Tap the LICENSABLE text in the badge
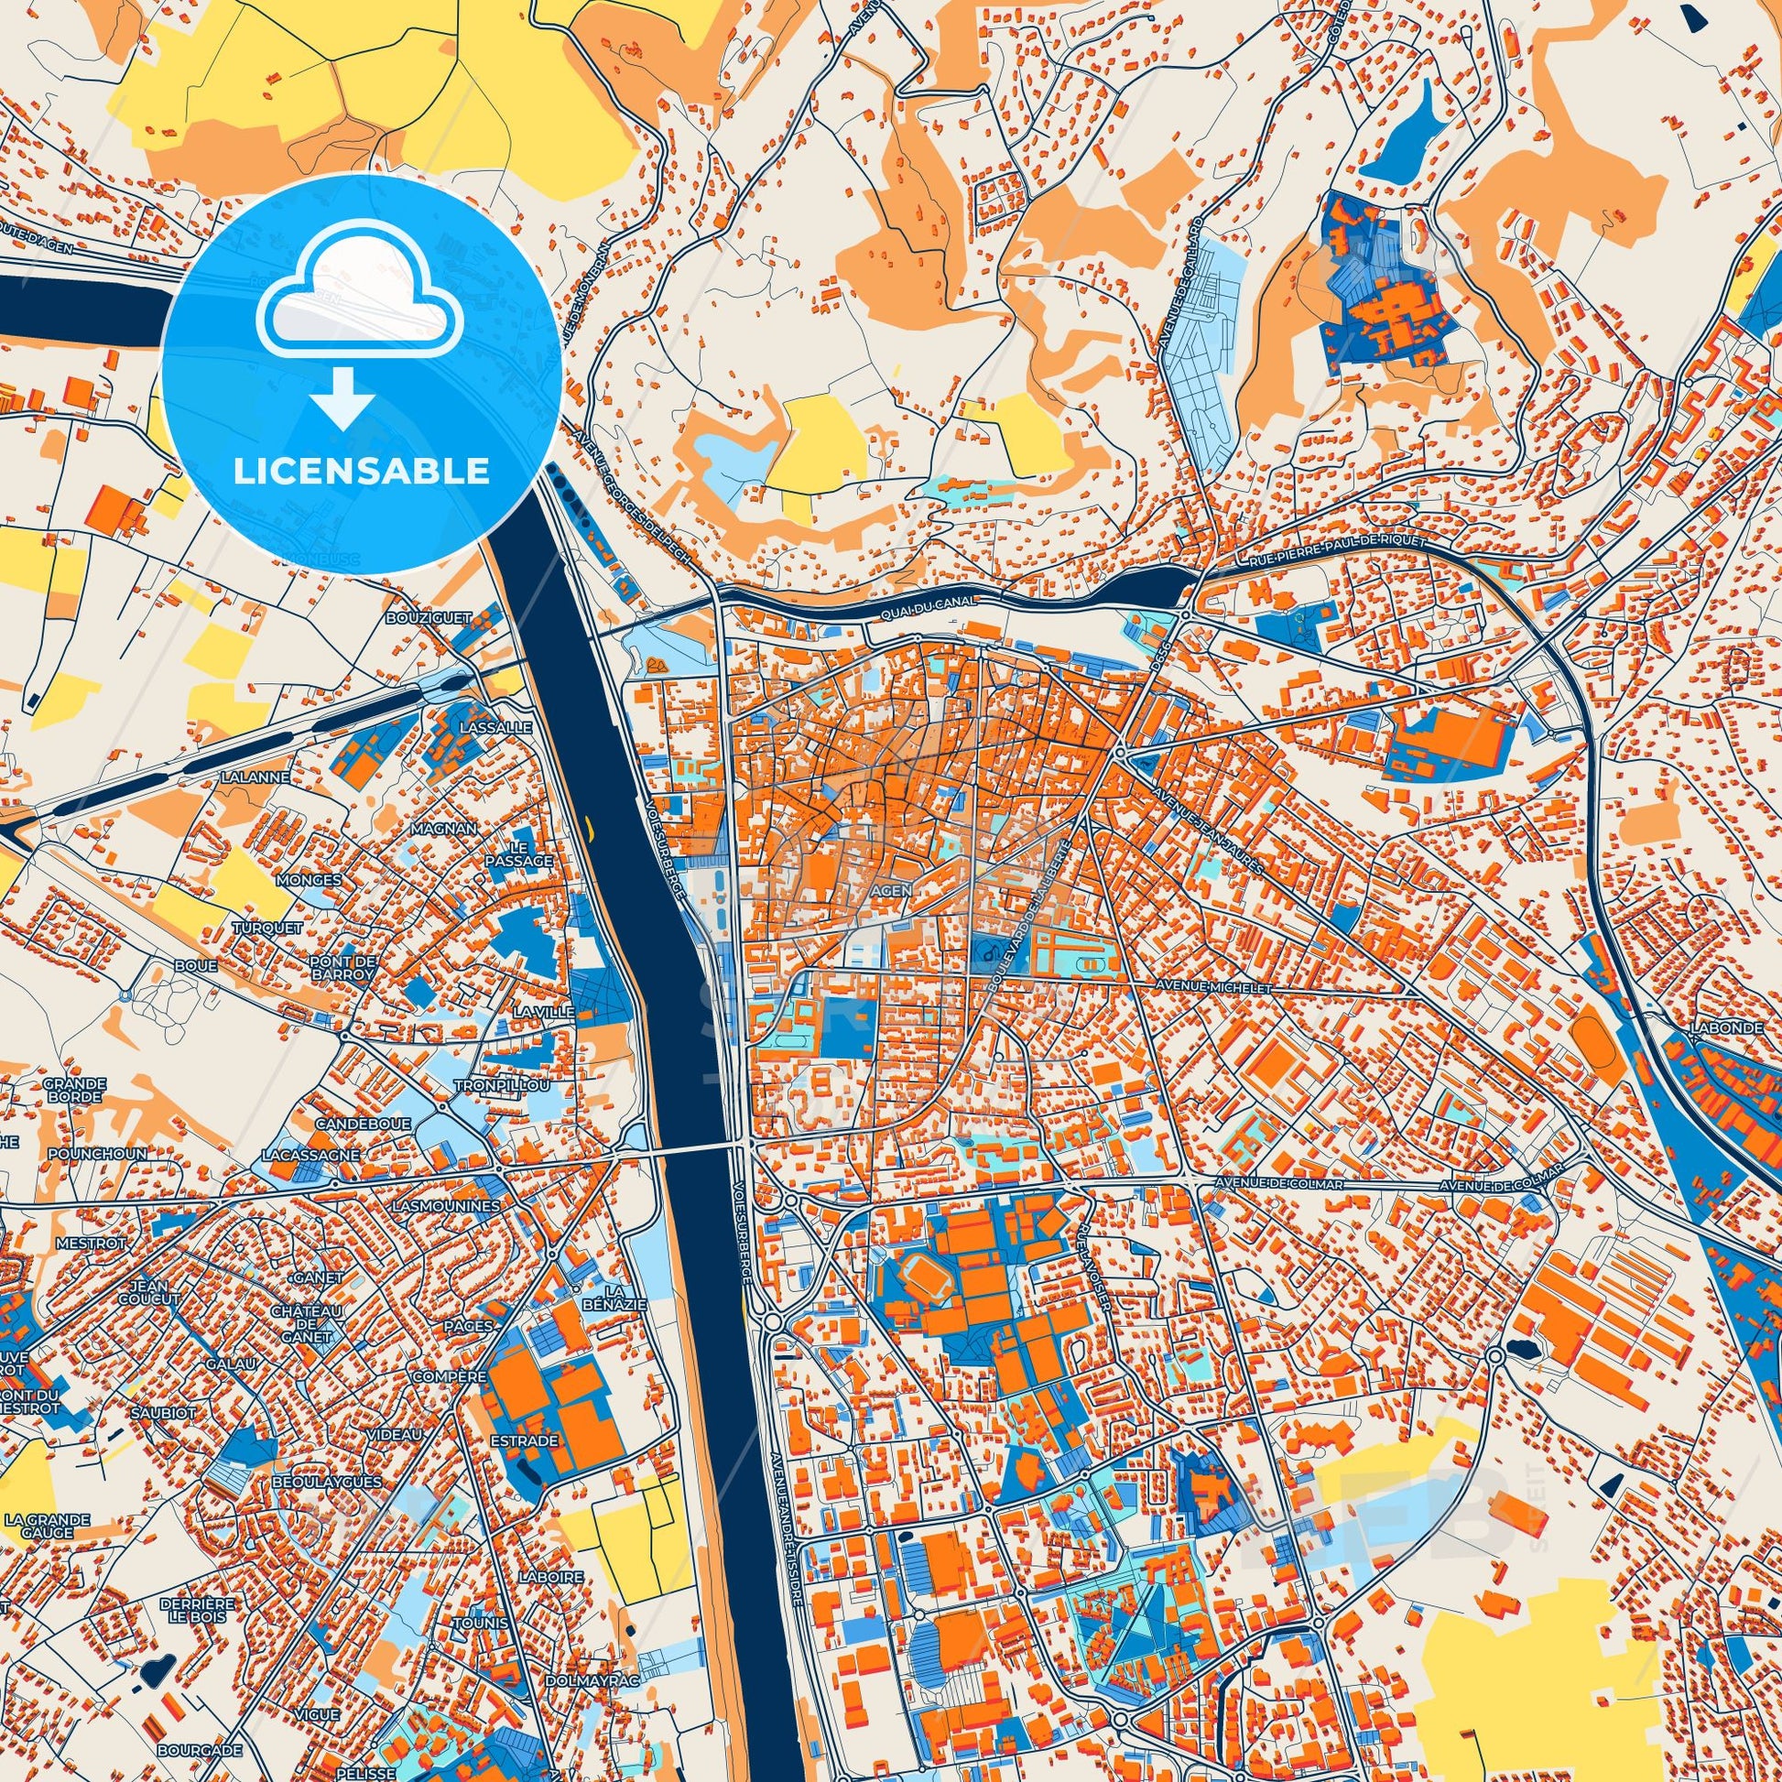pyautogui.click(x=362, y=472)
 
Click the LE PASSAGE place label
pyautogui.click(x=530, y=853)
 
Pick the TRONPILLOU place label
pyautogui.click(x=503, y=1086)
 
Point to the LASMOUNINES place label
pyautogui.click(x=445, y=1205)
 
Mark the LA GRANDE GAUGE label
pyautogui.click(x=46, y=1526)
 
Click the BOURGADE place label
pyautogui.click(x=200, y=1750)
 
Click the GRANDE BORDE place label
pyautogui.click(x=75, y=1091)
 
